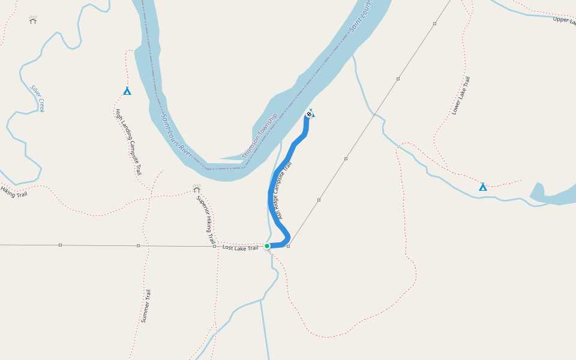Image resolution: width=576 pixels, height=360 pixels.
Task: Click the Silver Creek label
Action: point(38,98)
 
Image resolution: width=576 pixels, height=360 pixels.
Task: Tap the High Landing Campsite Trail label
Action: point(128,142)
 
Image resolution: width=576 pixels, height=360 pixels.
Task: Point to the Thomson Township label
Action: point(260,136)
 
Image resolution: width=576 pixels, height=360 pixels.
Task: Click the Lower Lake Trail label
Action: point(461,95)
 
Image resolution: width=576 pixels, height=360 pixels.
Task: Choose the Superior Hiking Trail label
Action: point(206,220)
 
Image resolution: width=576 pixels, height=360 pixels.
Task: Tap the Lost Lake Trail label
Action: point(240,248)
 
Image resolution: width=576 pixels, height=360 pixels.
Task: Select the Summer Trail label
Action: point(146,306)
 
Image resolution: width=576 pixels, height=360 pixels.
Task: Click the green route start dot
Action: point(267,246)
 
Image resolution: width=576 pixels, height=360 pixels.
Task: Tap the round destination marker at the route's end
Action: point(309,114)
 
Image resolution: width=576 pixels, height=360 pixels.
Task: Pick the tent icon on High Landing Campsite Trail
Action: point(127,91)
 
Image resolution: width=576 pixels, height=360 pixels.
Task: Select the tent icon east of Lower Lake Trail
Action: point(483,187)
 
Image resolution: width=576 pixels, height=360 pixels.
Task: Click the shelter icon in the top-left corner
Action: point(33,20)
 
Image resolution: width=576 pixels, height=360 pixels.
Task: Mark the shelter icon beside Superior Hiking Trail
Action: point(197,188)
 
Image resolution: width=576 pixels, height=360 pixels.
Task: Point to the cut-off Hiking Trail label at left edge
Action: point(13,192)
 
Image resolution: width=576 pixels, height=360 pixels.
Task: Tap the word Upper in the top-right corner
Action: point(563,20)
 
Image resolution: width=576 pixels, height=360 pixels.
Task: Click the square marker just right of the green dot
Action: point(289,246)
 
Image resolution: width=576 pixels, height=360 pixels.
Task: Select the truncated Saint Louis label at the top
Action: point(361,15)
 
